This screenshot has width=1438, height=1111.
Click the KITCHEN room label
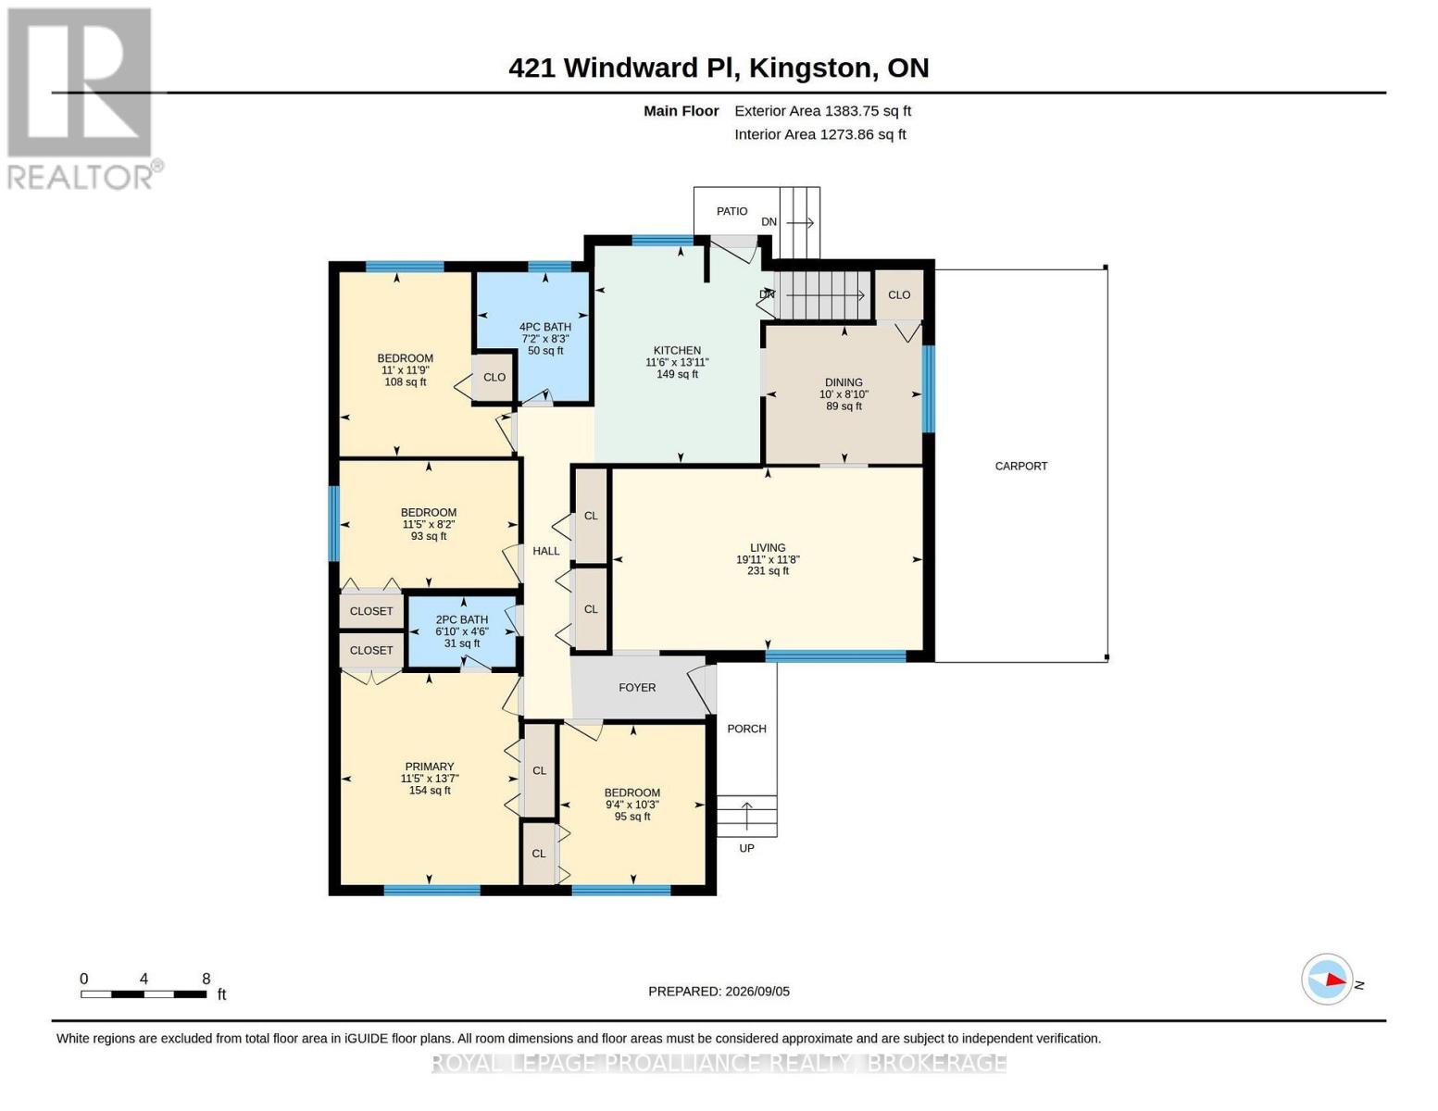676,351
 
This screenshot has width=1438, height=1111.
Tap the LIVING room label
768,548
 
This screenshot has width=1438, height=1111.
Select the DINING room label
844,382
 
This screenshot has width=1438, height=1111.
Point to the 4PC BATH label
544,327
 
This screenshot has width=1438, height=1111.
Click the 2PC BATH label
461,620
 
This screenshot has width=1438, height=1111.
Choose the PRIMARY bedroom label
430,767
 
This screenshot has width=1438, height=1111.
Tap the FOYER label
637,688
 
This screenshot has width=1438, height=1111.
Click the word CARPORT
1020,467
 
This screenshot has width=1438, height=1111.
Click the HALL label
546,551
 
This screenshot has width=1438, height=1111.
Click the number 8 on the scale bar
206,979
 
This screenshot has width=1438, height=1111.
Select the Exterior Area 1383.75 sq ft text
822,111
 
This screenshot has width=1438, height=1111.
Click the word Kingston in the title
810,69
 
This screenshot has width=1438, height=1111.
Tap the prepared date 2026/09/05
757,992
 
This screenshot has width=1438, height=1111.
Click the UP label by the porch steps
745,849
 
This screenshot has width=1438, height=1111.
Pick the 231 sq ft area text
768,571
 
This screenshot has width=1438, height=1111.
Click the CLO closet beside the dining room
899,295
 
